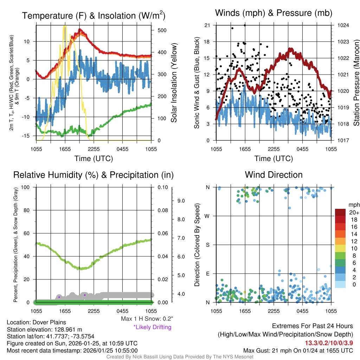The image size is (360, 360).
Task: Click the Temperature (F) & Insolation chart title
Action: pyautogui.click(x=94, y=16)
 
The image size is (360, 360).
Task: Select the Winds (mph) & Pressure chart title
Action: pyautogui.click(x=274, y=13)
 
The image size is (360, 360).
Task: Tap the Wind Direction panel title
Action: pyautogui.click(x=274, y=175)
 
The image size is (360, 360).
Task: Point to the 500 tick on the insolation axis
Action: pyautogui.click(x=162, y=30)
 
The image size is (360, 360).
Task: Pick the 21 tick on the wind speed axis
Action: pyautogui.click(x=207, y=25)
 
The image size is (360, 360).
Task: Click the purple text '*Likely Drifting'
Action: pyautogui.click(x=152, y=327)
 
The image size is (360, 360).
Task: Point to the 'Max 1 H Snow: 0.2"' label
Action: pyautogui.click(x=147, y=319)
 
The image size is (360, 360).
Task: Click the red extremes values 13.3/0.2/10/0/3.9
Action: pyautogui.click(x=329, y=343)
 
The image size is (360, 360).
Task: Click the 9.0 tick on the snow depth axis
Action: pyautogui.click(x=181, y=201)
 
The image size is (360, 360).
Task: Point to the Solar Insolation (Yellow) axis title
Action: pyautogui.click(x=174, y=83)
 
